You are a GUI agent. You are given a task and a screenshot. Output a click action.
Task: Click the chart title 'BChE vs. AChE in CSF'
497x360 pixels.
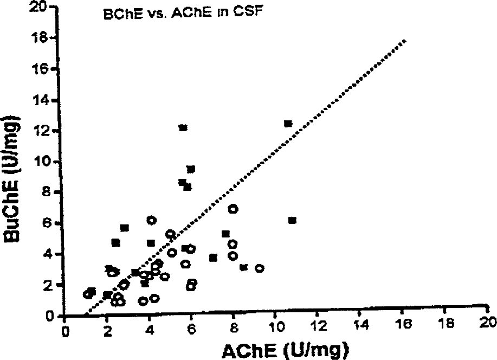tap(183, 13)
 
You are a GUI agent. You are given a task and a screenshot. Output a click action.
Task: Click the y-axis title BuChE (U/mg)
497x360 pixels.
tap(11, 178)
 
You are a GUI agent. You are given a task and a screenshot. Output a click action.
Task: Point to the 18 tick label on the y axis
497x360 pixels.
tap(41, 38)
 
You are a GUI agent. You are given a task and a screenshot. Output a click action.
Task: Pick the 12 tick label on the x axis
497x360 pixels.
tap(317, 326)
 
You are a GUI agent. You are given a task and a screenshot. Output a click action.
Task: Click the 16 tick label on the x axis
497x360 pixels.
tap(402, 324)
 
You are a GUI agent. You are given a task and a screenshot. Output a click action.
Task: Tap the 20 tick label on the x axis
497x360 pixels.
tap(488, 322)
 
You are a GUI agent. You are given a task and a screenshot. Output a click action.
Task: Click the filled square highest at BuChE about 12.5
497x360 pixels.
tap(288, 124)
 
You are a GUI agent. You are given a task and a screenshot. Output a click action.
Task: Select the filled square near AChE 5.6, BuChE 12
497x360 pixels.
tap(183, 128)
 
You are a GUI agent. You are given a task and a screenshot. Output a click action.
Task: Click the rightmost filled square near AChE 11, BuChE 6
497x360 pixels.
tap(292, 220)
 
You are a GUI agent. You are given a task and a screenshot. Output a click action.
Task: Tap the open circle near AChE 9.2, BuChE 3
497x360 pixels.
tap(260, 268)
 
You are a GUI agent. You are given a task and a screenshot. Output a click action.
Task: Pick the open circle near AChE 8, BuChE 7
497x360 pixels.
tap(233, 209)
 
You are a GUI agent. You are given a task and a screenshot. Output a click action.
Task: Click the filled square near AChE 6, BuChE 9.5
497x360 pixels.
tap(191, 169)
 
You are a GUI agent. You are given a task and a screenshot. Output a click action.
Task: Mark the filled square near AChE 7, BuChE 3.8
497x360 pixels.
tap(214, 258)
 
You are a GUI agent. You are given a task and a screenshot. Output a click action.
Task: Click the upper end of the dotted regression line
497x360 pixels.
tap(404, 41)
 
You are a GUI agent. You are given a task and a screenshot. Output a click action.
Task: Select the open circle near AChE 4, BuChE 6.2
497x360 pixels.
tap(152, 220)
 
